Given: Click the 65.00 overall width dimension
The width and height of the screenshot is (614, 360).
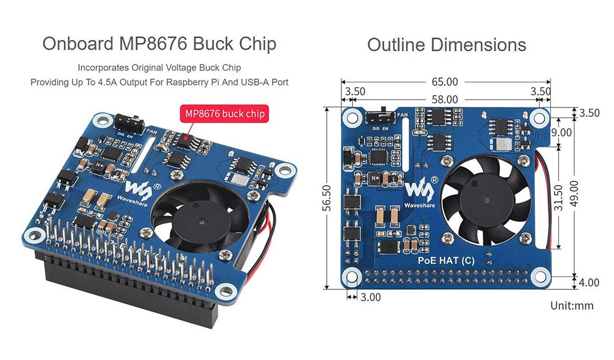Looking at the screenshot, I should point(445,82).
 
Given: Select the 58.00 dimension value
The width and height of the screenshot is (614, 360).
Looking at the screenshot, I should point(445,98).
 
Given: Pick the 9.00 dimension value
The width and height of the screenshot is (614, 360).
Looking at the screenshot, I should point(561,132).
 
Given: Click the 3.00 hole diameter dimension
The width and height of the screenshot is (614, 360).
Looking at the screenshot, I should point(371,297).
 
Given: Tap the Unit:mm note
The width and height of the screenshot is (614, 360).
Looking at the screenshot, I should point(572,305).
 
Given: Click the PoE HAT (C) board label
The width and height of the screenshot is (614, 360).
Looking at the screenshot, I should point(446,260).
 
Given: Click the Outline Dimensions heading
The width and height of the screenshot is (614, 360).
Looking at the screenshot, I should point(446,45).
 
